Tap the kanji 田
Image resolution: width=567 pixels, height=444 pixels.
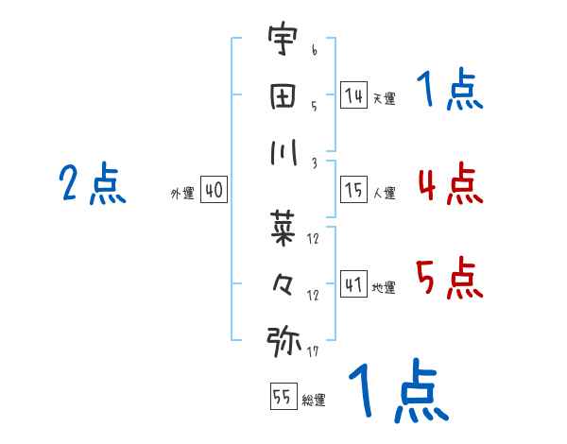[283, 95]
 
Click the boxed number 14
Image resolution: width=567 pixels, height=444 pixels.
[354, 94]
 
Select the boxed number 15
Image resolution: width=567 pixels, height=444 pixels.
[354, 190]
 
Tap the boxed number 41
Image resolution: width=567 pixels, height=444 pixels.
[354, 282]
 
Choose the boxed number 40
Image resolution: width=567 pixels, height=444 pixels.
[214, 190]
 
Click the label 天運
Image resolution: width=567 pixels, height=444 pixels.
[384, 98]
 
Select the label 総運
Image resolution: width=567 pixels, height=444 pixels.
[314, 400]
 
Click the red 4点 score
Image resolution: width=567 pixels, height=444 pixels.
[450, 183]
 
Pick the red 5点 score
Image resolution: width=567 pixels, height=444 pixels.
[450, 278]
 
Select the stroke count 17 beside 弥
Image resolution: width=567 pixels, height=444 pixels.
[313, 352]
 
